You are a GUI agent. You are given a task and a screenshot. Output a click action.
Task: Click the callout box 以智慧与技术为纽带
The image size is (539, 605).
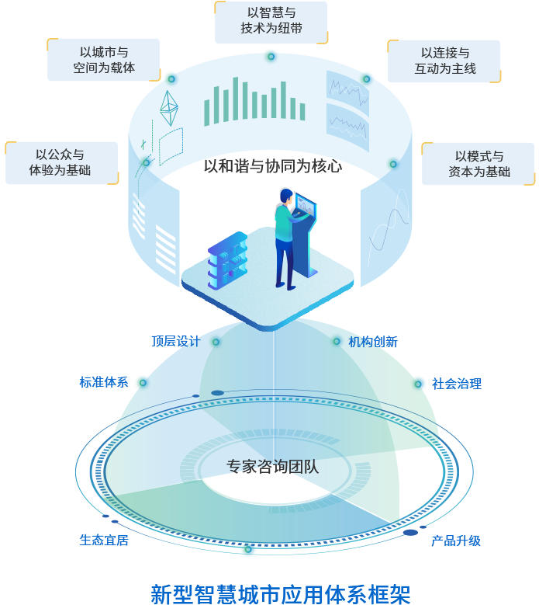click(271, 23)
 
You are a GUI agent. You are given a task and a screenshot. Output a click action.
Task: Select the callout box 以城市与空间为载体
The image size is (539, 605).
click(104, 60)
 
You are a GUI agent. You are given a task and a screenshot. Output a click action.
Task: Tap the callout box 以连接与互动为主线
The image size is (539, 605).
click(444, 61)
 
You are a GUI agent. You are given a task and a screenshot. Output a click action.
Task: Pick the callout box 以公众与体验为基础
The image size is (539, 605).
click(61, 162)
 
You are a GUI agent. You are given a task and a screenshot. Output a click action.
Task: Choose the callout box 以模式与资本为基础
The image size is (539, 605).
click(479, 163)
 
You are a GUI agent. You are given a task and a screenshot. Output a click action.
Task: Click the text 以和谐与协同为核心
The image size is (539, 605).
click(272, 166)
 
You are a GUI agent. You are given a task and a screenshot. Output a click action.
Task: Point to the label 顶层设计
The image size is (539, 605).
click(175, 341)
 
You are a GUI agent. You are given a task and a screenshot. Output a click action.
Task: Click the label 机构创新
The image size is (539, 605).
click(372, 341)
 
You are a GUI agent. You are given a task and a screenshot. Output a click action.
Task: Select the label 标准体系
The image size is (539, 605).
click(103, 382)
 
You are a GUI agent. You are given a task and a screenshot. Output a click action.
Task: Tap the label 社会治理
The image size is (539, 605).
click(457, 383)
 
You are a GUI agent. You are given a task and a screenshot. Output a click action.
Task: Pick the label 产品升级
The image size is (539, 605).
click(456, 540)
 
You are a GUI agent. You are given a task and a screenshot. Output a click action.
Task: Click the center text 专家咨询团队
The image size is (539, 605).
click(272, 467)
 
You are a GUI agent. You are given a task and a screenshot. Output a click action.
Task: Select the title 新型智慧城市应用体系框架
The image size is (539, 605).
click(280, 592)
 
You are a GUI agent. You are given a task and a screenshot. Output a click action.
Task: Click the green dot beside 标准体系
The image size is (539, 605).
click(140, 382)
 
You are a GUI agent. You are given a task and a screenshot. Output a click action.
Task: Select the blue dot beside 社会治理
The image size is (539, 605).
click(420, 382)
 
